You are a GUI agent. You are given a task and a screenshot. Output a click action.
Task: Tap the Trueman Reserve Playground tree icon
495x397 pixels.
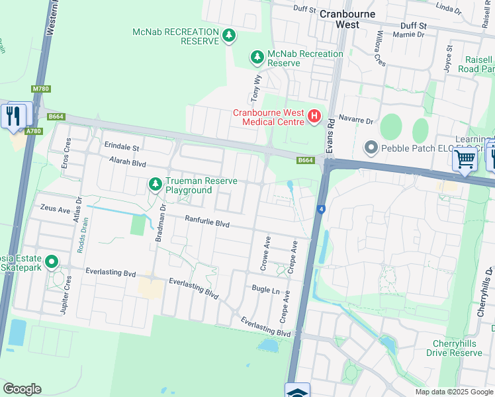click(x=156, y=183)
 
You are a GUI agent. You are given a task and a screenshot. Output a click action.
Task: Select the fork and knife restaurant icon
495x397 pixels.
click(x=14, y=115)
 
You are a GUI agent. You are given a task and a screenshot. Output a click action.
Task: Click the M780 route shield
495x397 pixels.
click(x=40, y=89)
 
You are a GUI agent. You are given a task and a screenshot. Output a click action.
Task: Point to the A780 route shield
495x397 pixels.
click(x=34, y=131)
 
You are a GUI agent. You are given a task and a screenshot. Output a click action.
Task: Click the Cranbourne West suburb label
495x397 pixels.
click(x=347, y=19)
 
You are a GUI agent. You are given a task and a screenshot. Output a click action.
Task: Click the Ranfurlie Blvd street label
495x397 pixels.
click(x=207, y=224)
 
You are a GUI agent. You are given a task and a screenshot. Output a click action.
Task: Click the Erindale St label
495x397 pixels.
click(x=122, y=147)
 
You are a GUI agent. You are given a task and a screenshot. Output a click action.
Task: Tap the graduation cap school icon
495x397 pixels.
click(x=298, y=391)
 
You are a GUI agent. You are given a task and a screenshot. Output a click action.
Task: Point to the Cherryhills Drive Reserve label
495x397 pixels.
click(x=457, y=348)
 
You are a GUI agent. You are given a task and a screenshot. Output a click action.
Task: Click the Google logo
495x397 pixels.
click(x=22, y=389)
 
